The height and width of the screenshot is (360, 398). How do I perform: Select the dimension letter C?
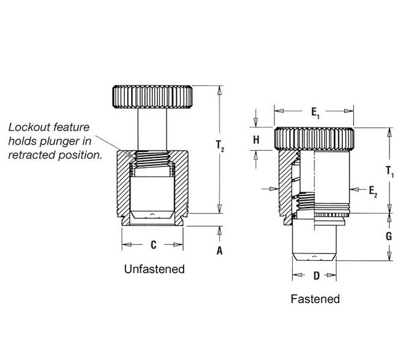coord(153,245)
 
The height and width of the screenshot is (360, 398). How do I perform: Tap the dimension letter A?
coord(219,250)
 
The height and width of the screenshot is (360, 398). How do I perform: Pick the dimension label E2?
coord(374,192)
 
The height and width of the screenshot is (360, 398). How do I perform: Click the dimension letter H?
coord(256,140)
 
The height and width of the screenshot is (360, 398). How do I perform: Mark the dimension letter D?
coord(316,276)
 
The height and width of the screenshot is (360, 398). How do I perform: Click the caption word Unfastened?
coord(154,269)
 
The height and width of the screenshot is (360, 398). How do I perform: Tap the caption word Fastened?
coord(315,299)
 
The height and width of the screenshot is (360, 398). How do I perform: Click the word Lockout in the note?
coord(26,127)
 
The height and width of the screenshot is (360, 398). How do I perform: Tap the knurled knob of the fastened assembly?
coord(314,139)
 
